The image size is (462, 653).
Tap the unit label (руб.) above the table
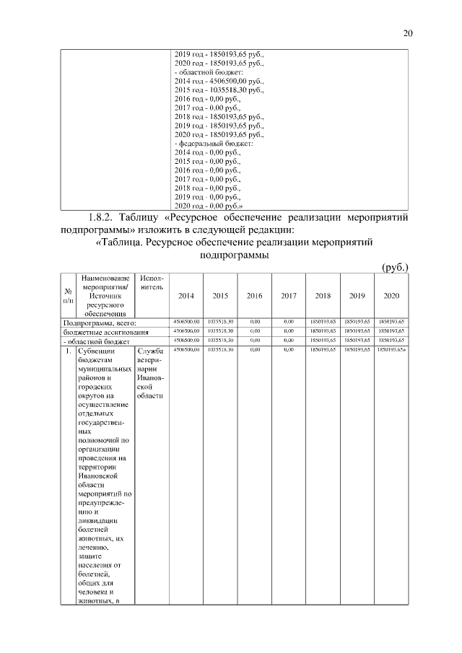[395, 267]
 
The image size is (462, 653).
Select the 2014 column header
[186, 295]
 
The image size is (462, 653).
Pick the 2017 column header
[289, 295]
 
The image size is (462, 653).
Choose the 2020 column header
[391, 295]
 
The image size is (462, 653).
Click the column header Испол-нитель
[152, 283]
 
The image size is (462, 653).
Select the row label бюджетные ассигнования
[106, 332]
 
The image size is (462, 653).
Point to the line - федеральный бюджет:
[211, 144]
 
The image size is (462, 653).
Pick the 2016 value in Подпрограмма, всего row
[254, 322]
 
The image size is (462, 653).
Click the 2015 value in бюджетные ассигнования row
[219, 331]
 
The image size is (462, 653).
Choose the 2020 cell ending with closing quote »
[391, 349]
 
